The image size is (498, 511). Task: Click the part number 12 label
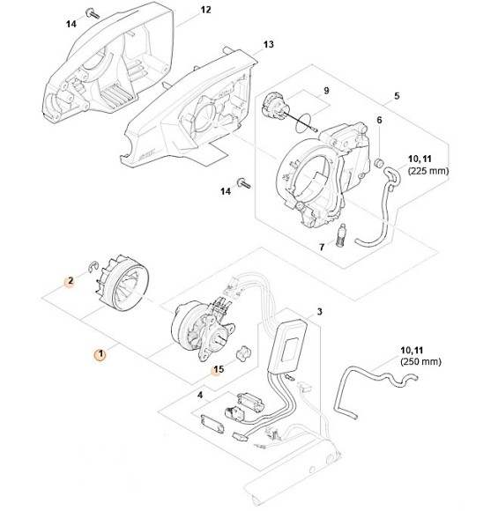[206, 10]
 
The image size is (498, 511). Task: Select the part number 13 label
[269, 44]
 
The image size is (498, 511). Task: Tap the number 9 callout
[325, 90]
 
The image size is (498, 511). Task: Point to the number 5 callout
[397, 95]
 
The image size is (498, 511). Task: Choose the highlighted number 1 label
[100, 355]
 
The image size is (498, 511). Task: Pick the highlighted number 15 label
[219, 371]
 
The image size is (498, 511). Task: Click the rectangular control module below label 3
[290, 343]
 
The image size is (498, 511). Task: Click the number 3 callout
[319, 312]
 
